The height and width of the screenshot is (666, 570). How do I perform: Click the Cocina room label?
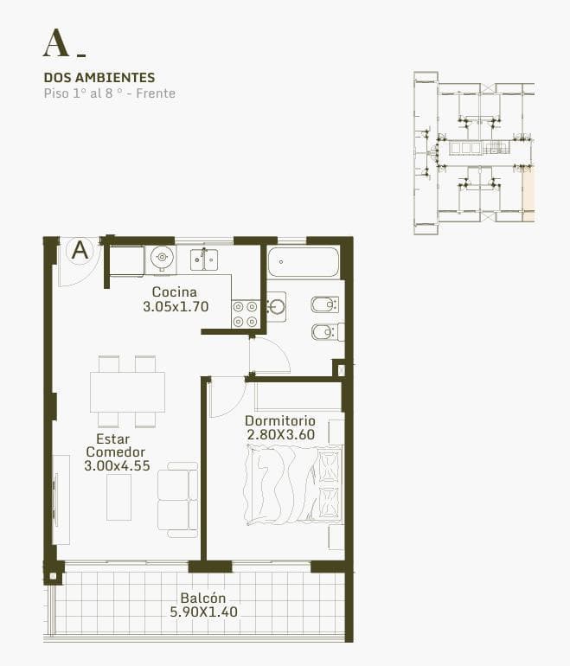175,291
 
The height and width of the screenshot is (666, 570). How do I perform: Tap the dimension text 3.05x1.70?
176,306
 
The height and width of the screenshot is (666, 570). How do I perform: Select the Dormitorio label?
280,421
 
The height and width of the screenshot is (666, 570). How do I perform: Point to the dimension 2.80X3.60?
281,434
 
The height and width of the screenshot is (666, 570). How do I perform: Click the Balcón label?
203,598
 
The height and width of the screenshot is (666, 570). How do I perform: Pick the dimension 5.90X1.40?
204,612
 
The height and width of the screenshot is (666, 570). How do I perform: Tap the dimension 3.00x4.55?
118,465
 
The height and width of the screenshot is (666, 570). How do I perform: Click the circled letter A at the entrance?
80,250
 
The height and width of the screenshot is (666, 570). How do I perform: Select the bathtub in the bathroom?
304,261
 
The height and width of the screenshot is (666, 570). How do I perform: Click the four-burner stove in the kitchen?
246,314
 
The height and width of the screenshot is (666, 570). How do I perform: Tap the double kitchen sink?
204,259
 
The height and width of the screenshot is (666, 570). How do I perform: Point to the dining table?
127,392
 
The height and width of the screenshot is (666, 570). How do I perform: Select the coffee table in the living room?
118,497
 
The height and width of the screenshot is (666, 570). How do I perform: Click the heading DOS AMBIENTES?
99,77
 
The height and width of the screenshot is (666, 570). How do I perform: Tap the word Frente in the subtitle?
156,93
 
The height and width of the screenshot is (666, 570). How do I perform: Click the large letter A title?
55,43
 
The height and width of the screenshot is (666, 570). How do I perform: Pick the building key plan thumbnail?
474,153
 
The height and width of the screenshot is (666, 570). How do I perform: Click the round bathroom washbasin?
277,306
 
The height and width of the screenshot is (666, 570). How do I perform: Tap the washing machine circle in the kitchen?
162,258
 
